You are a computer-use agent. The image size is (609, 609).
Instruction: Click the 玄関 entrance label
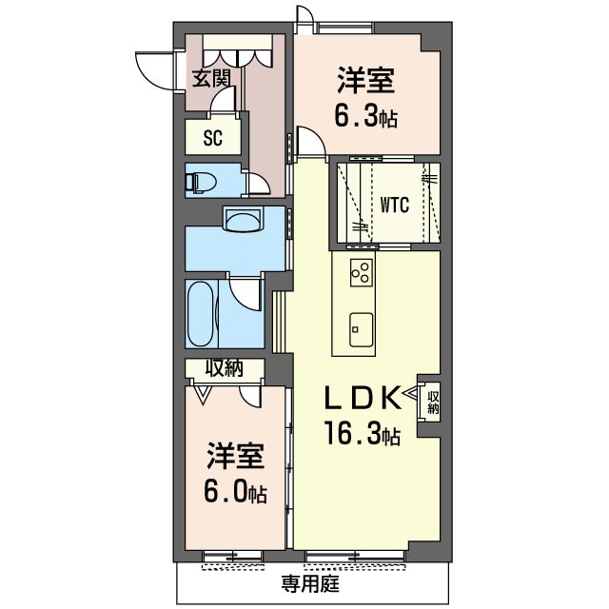[x=211, y=78]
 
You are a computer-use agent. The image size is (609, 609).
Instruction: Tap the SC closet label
[x=213, y=137]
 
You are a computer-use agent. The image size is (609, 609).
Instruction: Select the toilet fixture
[x=201, y=182]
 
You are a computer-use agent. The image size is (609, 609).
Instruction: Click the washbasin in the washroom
[x=244, y=220]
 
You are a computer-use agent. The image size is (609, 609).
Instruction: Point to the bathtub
[x=201, y=314]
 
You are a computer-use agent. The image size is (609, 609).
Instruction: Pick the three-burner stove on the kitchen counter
[x=362, y=273]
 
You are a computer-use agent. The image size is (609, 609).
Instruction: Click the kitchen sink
[x=361, y=329]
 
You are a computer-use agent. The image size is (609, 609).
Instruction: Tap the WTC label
[x=394, y=205]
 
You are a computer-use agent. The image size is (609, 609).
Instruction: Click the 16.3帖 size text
[x=363, y=433]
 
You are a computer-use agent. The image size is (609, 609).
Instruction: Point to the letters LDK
[x=362, y=398]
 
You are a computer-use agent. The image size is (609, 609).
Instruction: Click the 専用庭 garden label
[x=310, y=583]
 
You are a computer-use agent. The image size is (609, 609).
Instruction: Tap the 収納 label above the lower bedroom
[x=225, y=368]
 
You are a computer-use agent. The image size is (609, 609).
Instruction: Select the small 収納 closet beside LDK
[x=433, y=402]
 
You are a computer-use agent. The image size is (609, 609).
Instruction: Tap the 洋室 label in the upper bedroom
[x=365, y=80]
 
